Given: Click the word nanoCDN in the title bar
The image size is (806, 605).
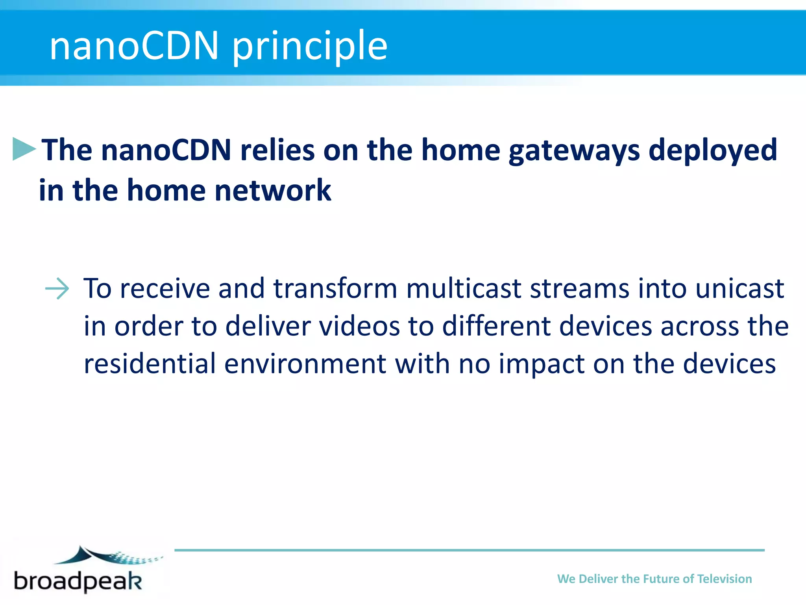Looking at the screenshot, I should point(134,46).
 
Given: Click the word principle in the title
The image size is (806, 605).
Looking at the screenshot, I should point(310,47).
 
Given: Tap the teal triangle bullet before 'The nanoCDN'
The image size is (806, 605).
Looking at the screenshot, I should point(23,149).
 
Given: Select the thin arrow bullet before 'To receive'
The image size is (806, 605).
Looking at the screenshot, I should point(57,288).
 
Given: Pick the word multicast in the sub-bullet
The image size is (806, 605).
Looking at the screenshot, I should point(464,288).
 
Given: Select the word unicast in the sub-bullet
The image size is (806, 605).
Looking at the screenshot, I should point(739,288).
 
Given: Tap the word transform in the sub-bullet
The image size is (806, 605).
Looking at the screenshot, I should point(335,288).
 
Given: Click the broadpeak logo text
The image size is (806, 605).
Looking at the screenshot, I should point(78,581).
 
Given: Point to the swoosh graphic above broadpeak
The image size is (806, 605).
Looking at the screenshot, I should point(106,555).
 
